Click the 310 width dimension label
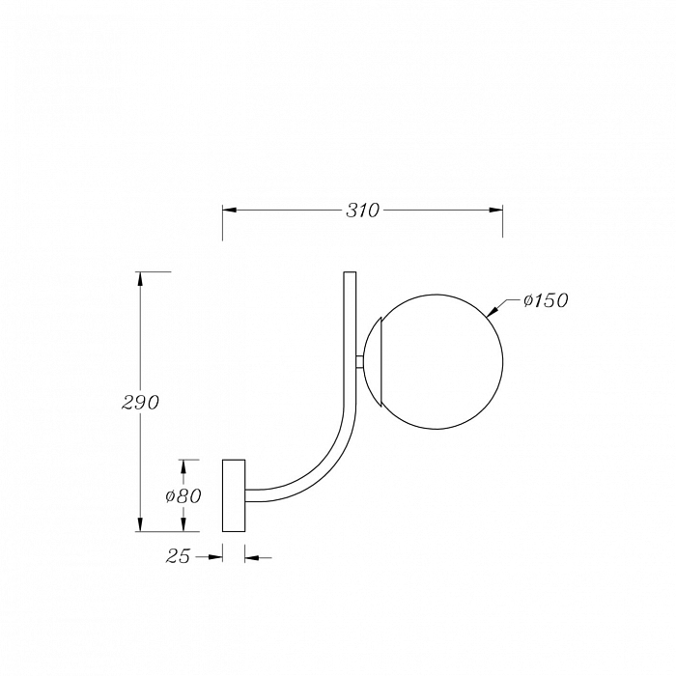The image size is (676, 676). [363, 211]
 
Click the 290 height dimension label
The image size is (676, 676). [141, 403]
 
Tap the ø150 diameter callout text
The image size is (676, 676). [546, 300]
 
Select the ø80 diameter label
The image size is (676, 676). [183, 496]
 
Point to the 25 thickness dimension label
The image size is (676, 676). [178, 556]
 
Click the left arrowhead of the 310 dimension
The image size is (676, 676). [230, 210]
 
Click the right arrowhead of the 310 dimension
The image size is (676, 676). [495, 210]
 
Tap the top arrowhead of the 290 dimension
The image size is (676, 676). [140, 279]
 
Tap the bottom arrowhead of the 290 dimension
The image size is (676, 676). [140, 524]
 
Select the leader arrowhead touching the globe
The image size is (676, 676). [492, 311]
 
